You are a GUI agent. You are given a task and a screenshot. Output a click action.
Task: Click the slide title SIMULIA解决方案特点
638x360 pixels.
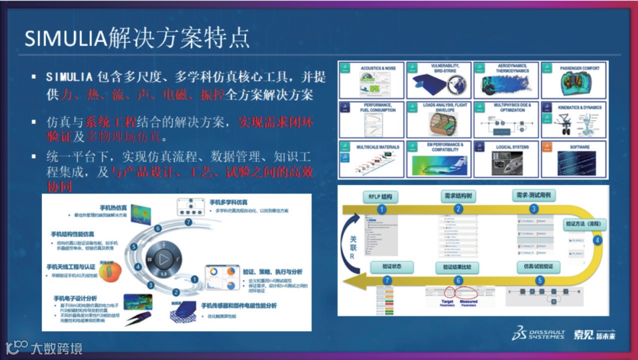click(137, 38)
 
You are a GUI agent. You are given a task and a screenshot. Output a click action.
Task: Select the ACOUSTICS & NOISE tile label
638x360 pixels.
click(378, 69)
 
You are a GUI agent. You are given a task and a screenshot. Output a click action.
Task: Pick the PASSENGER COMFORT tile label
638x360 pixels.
click(580, 69)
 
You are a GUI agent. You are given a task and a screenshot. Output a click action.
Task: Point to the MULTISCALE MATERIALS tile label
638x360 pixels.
click(378, 147)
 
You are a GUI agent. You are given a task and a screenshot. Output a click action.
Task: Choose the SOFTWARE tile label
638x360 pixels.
click(580, 147)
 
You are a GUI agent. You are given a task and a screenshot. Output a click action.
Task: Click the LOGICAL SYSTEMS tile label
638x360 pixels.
click(512, 147)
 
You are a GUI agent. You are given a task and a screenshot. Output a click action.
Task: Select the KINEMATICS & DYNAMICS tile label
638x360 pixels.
click(580, 108)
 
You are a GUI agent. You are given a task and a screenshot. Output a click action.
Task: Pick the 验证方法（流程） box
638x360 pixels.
click(583, 224)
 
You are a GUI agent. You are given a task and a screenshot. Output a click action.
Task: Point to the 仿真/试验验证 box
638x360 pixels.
click(538, 267)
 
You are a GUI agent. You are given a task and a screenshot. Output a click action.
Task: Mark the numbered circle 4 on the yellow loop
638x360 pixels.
click(597, 240)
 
